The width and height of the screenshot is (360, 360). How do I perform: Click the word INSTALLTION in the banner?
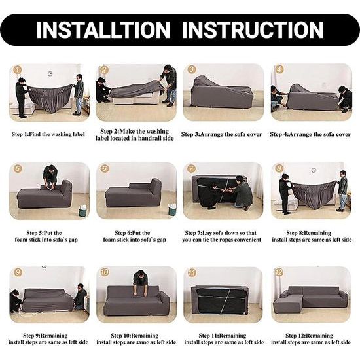point(103,30)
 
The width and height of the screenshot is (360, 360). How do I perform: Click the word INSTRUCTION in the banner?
point(253,30)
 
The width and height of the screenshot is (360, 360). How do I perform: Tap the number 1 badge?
point(18,70)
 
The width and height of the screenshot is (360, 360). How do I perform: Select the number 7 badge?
point(191,169)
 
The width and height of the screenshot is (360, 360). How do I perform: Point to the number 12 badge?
point(279,272)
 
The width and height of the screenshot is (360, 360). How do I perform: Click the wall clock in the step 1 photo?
point(50,74)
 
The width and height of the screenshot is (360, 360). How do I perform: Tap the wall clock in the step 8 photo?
point(314,170)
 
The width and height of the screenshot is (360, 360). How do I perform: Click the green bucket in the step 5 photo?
point(82,211)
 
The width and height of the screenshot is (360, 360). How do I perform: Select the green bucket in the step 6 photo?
point(172,209)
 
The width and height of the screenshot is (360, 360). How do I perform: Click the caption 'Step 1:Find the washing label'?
point(48,134)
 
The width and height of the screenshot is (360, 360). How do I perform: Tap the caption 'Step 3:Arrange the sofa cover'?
point(221,134)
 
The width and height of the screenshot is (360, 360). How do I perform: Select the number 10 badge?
point(105,272)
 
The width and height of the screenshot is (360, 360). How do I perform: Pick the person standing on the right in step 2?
point(169,86)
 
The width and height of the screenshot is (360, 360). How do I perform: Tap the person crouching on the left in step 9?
point(16,301)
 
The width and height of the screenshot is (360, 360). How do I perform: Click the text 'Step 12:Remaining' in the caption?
point(309,336)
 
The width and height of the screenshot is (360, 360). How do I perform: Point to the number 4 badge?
point(279,69)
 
